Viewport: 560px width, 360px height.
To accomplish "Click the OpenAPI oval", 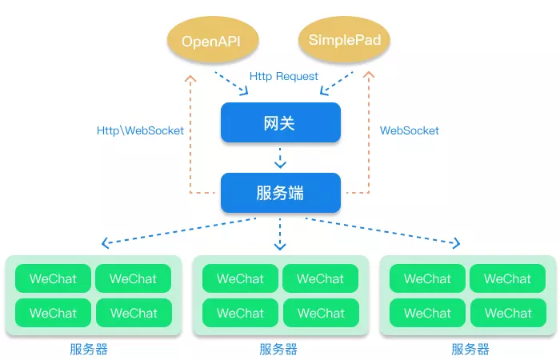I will [x=211, y=41].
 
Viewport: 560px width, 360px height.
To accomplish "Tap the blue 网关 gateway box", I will [x=280, y=123].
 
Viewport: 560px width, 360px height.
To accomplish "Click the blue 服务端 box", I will [x=280, y=193].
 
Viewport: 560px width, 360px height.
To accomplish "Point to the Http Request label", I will [x=283, y=77].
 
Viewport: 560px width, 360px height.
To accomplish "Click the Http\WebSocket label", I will [x=140, y=130].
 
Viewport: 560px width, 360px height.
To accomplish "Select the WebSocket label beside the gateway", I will [x=409, y=130].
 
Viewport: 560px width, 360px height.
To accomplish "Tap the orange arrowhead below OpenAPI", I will [x=190, y=78].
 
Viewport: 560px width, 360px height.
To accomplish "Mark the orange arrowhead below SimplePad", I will [x=369, y=78].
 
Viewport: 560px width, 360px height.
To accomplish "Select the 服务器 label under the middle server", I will [x=278, y=349].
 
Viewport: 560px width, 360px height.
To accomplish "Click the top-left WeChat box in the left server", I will [x=53, y=279].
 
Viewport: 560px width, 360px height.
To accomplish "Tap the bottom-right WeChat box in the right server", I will [x=507, y=313].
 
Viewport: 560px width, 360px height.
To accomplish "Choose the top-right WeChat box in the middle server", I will [x=320, y=279].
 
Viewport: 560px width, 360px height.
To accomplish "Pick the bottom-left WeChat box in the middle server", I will [x=240, y=313].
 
